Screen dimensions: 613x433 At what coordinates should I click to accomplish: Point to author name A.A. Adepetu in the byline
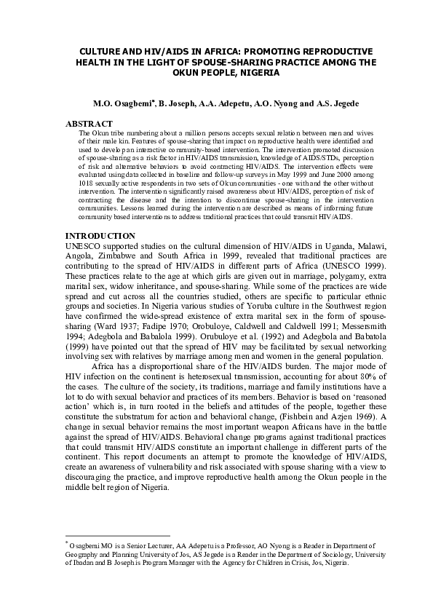click(218, 104)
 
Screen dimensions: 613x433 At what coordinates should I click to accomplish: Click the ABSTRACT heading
click(89, 124)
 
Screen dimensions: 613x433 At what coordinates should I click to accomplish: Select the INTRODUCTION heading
click(100, 237)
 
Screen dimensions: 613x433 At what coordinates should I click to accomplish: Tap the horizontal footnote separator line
click(109, 534)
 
